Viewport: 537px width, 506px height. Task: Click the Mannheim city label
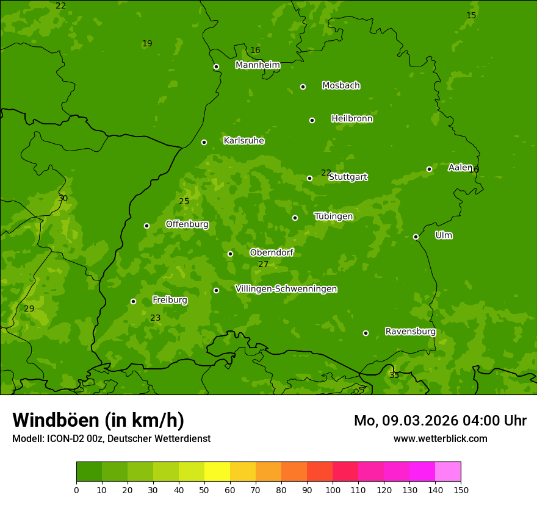click(x=258, y=65)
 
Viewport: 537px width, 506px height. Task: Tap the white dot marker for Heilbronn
click(x=312, y=120)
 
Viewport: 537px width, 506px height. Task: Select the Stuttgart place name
click(x=348, y=177)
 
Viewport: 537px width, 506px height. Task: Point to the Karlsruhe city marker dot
click(x=204, y=142)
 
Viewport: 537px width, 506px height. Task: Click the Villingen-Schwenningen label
click(x=286, y=289)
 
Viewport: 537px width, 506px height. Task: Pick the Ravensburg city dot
click(x=366, y=333)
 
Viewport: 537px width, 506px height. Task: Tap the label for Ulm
click(x=444, y=235)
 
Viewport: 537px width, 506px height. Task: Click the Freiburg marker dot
click(x=133, y=301)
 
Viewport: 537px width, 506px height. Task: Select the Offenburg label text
click(x=187, y=224)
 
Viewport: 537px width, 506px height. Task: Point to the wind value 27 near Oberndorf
click(x=263, y=264)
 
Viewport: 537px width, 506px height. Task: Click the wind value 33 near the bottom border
click(x=394, y=375)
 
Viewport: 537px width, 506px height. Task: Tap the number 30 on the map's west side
click(x=63, y=198)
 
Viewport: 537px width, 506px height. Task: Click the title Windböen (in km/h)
click(x=98, y=420)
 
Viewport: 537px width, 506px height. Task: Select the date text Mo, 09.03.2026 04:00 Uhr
click(x=440, y=421)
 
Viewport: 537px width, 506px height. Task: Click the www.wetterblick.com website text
click(x=440, y=438)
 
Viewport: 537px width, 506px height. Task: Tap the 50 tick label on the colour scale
click(x=204, y=490)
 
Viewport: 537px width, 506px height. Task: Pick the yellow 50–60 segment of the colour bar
click(x=217, y=472)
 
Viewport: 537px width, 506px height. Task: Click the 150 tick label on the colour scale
click(x=461, y=490)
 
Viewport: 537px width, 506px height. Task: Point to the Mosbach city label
click(x=341, y=85)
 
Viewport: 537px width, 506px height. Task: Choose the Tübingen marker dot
click(x=295, y=218)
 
